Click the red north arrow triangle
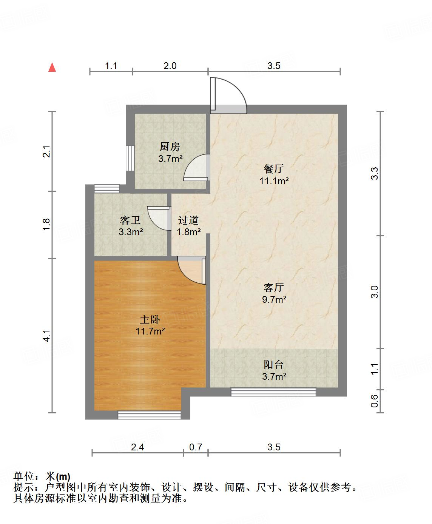(x=52, y=68)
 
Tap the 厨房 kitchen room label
(x=170, y=146)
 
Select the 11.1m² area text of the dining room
(x=274, y=181)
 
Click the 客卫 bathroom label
(x=130, y=220)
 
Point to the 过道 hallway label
(x=188, y=220)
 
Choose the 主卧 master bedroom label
(x=150, y=320)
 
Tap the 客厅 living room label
(x=274, y=287)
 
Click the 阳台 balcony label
(x=274, y=364)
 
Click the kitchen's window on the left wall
(x=130, y=159)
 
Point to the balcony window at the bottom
(x=273, y=392)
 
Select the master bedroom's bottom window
(x=149, y=415)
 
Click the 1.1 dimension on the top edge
(x=111, y=66)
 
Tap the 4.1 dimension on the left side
(x=46, y=336)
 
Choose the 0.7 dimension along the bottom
(x=196, y=447)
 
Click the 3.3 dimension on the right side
(x=374, y=174)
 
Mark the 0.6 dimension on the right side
(x=374, y=401)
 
